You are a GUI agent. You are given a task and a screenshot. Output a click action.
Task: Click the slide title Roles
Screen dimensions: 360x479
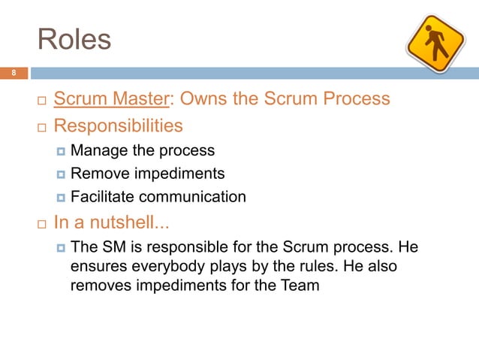pos(74,39)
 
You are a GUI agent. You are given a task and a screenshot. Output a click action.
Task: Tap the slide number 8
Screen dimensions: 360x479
pos(13,74)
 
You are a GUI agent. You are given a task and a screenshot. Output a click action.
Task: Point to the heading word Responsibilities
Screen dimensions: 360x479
pos(118,125)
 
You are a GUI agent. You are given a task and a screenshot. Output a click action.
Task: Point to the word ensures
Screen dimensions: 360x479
pos(96,267)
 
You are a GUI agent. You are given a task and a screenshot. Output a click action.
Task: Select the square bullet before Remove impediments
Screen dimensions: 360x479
pos(61,174)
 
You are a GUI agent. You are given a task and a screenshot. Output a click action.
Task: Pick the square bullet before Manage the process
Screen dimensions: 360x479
pos(61,151)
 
